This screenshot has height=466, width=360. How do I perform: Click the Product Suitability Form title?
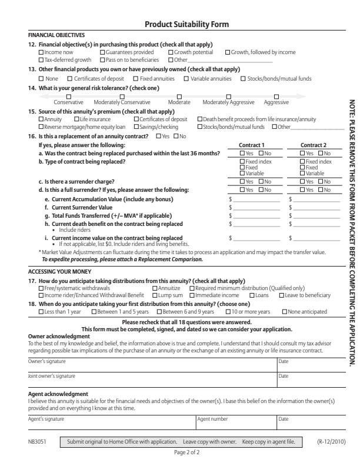pyautogui.click(x=179, y=24)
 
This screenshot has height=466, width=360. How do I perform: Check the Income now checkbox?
pyautogui.click(x=41, y=52)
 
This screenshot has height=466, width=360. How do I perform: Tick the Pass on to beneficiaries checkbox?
pyautogui.click(x=103, y=59)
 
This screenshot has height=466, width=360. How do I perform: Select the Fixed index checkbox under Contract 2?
pyautogui.click(x=303, y=161)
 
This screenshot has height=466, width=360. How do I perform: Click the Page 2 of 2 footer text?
pyautogui.click(x=179, y=453)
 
